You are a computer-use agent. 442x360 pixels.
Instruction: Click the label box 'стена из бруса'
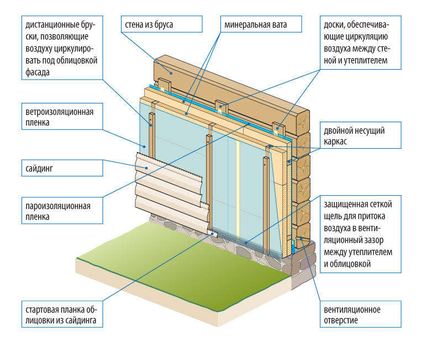pos(162,24)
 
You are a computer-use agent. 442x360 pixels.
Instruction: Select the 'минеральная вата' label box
pos(261,24)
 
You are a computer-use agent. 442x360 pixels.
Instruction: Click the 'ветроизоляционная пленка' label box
pos(62,117)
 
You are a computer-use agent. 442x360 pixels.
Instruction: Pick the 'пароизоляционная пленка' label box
pos(62,211)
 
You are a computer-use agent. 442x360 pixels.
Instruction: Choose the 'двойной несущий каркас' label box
pos(361,135)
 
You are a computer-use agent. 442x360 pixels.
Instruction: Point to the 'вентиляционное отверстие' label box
pos(361,314)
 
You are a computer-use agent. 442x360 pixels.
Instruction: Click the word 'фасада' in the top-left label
pos(38,72)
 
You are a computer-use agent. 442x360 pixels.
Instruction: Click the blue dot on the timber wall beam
pos(171,73)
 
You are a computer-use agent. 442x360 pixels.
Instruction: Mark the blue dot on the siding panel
pos(146,168)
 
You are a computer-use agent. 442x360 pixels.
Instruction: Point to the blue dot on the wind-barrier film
pos(144,147)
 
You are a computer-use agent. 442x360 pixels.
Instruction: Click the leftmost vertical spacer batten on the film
pos(151,135)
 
